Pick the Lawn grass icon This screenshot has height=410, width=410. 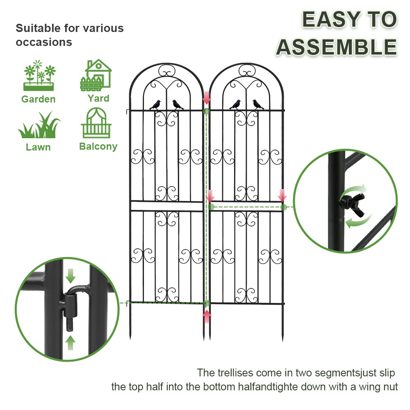tap(39, 126)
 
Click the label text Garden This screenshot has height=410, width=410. tap(39, 99)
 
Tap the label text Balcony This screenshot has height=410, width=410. tap(98, 146)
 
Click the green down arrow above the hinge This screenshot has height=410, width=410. tap(71, 276)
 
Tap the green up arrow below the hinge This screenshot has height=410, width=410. tap(71, 342)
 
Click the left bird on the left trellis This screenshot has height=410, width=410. tap(155, 105)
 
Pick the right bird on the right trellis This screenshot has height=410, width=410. tap(258, 105)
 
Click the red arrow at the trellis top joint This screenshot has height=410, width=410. tap(207, 98)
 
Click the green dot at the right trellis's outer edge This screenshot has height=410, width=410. tap(283, 207)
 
